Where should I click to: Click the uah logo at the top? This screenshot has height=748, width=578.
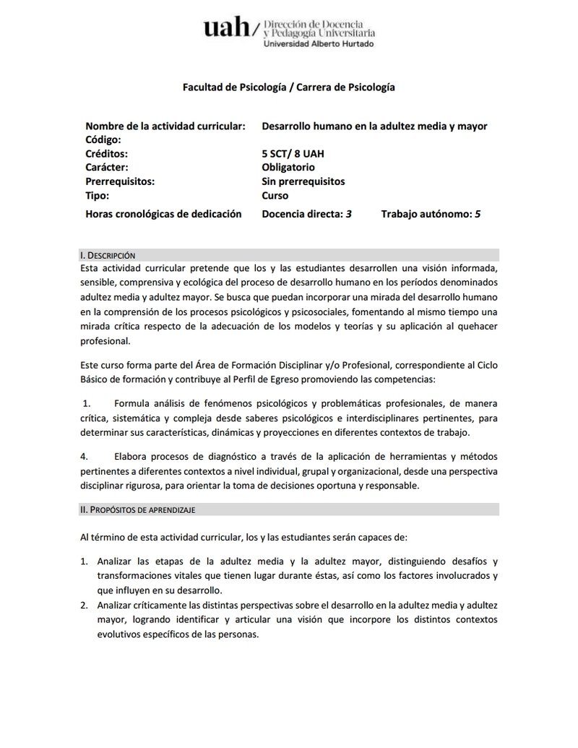(x=226, y=29)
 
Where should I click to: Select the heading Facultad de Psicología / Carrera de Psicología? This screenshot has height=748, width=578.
(x=288, y=87)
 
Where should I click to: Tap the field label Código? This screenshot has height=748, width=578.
(x=103, y=139)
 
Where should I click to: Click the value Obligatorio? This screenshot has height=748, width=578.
(x=288, y=168)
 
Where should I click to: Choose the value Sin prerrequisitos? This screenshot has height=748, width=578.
(x=303, y=181)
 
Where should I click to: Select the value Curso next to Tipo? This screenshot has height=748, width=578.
(x=275, y=195)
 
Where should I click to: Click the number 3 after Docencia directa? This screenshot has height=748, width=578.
(x=349, y=214)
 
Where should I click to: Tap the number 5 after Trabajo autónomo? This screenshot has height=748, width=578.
(x=478, y=214)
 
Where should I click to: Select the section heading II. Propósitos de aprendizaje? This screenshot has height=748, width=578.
(x=137, y=510)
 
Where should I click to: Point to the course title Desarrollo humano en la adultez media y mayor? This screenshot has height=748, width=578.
(x=374, y=126)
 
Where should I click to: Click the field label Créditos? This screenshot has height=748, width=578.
(x=106, y=154)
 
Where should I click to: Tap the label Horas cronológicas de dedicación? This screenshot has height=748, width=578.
(x=163, y=214)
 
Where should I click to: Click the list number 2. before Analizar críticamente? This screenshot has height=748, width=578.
(x=84, y=605)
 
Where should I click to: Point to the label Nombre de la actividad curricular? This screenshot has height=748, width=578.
(x=165, y=126)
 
